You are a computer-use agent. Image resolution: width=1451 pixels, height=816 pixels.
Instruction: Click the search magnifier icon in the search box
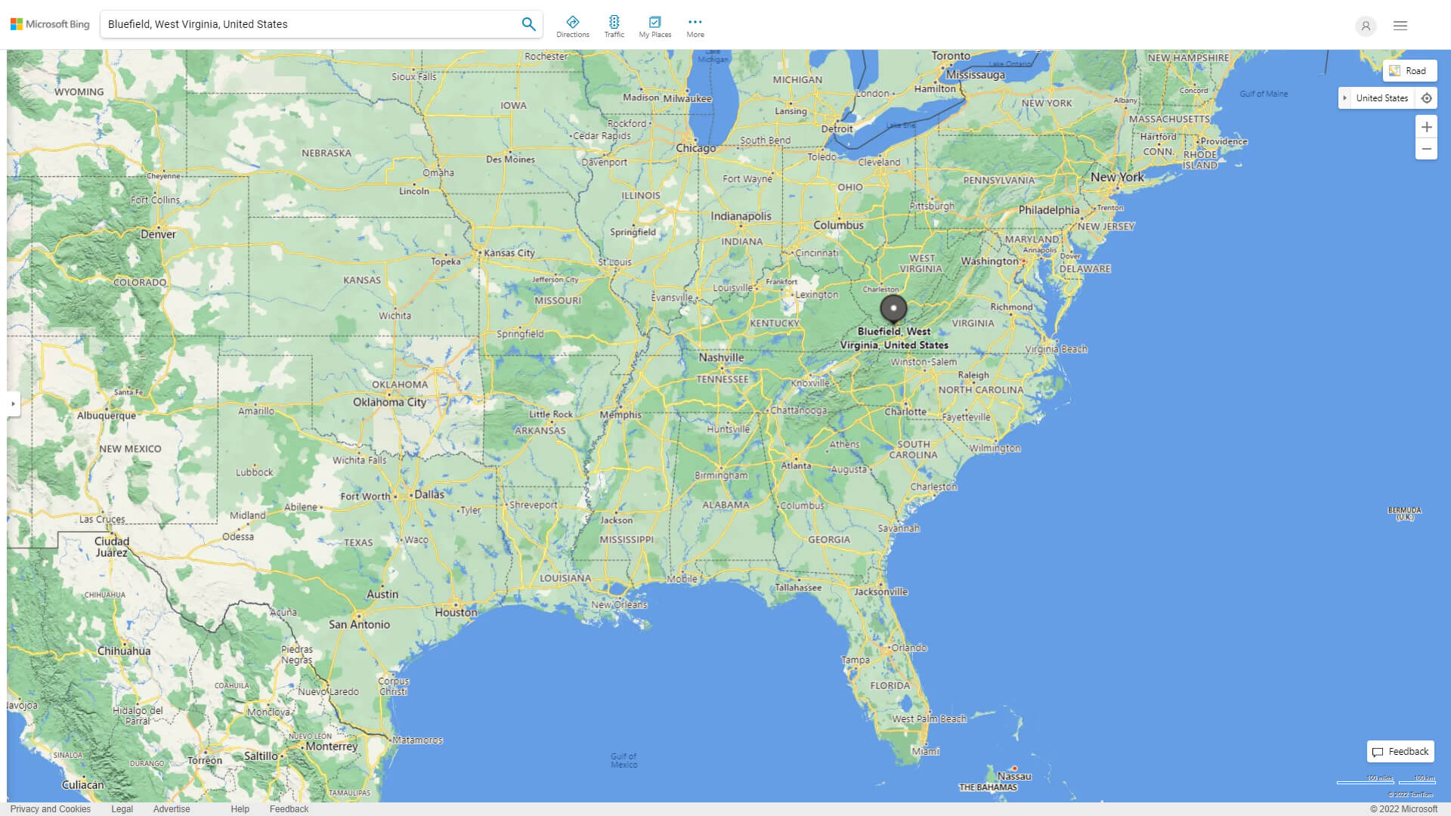point(528,24)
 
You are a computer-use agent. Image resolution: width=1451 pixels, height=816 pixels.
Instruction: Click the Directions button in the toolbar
point(572,26)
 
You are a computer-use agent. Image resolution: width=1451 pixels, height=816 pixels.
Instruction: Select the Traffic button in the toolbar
point(614,26)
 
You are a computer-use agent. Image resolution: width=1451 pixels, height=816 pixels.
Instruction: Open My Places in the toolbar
point(654,26)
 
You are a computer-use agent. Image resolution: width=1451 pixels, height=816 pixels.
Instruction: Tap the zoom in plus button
point(1426,127)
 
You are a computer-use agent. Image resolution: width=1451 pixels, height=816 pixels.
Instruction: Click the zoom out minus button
point(1426,149)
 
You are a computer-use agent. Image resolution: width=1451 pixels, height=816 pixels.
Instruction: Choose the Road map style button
point(1409,71)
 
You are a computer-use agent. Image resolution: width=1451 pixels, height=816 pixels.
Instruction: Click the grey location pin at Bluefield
point(893,309)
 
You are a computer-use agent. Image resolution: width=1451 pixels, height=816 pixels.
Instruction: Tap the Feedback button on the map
point(1400,752)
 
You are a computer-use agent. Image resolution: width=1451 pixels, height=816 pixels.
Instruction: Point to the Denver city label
point(158,234)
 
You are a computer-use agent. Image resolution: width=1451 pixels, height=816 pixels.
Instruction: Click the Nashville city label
point(721,357)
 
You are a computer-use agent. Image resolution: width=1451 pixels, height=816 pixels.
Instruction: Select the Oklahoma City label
point(389,402)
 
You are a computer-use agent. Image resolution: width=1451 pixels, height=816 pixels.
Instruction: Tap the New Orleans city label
point(619,604)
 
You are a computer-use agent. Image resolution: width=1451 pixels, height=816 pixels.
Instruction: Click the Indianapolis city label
point(741,216)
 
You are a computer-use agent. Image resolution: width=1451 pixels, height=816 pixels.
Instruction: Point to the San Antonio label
point(359,625)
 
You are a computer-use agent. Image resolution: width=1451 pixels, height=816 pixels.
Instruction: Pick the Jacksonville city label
point(880,592)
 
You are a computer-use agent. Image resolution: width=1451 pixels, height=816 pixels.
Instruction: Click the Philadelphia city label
point(1048,210)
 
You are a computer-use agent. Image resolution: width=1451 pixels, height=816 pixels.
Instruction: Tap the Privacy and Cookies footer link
point(50,809)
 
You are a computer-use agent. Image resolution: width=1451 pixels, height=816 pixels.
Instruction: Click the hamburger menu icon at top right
point(1400,26)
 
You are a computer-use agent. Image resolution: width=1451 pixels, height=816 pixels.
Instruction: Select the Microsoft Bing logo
point(50,24)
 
